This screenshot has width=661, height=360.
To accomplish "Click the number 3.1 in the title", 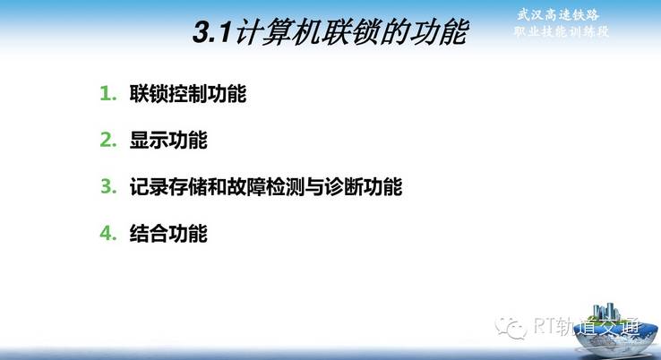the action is click(212, 32).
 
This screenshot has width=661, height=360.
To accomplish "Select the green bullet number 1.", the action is click(108, 94).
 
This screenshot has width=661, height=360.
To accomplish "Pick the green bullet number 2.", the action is click(108, 140).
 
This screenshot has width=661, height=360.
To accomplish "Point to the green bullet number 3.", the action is click(108, 186).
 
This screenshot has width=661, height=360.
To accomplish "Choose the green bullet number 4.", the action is click(108, 233).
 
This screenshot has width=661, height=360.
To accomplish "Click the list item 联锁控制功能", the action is click(188, 94).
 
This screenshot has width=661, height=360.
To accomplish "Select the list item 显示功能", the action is click(168, 140).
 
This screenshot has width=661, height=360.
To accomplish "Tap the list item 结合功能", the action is click(168, 233).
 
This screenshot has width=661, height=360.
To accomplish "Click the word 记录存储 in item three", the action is click(168, 187).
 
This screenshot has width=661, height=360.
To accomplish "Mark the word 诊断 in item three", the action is click(344, 187).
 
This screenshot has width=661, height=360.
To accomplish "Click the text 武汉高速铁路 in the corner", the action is click(558, 15).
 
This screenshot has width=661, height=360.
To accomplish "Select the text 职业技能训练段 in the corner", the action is click(561, 31).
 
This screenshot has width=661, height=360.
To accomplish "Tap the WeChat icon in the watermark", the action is click(511, 327).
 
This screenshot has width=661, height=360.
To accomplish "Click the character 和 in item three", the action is click(218, 187).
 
